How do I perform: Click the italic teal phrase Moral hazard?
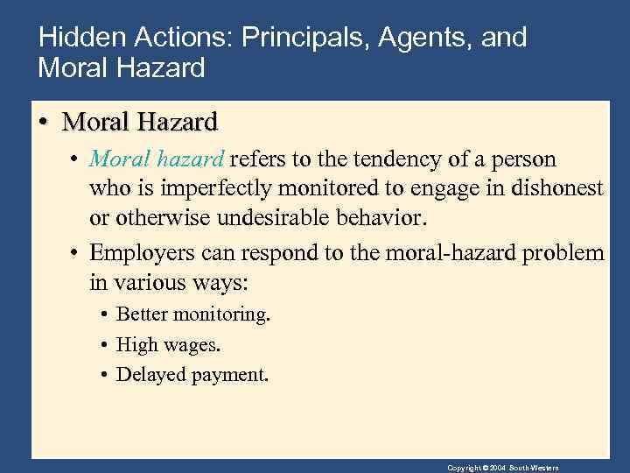(x=157, y=160)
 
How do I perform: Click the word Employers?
(x=138, y=253)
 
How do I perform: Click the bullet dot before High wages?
(x=103, y=344)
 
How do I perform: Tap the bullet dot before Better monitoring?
(x=103, y=314)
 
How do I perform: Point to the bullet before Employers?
(x=75, y=253)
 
